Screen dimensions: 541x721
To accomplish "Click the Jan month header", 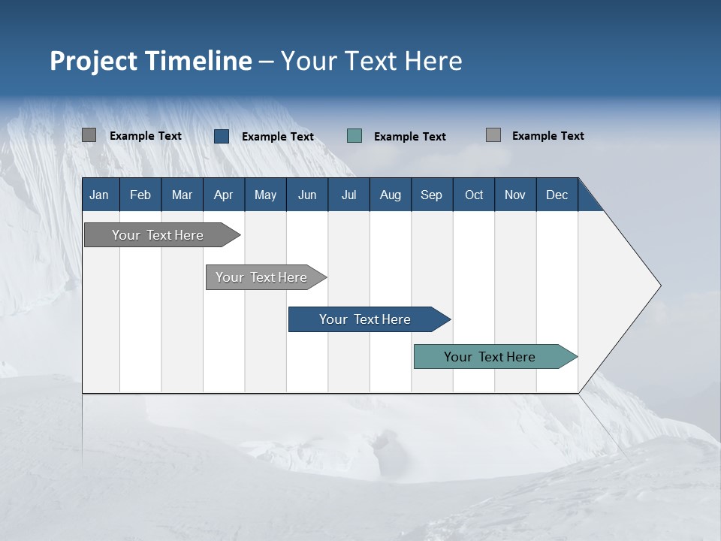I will pos(100,195).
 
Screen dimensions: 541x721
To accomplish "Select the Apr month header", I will pos(224,195).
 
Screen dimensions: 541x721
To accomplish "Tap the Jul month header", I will pos(348,195).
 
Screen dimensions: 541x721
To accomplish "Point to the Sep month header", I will pos(432,195).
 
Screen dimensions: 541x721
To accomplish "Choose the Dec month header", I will pos(557,195).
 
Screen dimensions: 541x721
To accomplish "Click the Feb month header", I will pos(140,195).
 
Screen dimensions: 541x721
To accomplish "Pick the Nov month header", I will pos(515,195).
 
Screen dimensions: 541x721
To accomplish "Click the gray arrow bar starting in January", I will pos(158,235).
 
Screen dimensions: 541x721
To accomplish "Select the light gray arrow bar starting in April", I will pos(262,277).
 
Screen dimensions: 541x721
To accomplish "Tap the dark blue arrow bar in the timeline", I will pos(366,319).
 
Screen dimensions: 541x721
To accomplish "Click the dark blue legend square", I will pos(222,136).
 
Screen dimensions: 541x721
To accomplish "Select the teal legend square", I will pos(354,136).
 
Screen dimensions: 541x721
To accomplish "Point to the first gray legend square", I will pos(89,135).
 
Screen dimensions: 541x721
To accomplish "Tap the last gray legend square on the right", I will pos(493,135).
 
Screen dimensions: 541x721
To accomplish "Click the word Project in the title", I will pos(93,61).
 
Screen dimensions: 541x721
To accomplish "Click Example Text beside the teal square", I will pos(410,137).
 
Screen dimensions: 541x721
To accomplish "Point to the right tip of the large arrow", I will pos(659,286).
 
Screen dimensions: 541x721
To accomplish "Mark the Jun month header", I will pos(307,195).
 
